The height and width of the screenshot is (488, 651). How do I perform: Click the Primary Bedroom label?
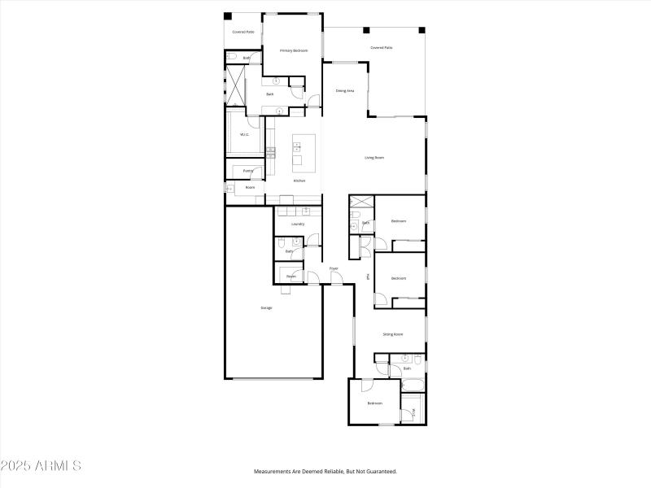click(294, 50)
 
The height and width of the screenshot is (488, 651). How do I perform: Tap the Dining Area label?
click(345, 90)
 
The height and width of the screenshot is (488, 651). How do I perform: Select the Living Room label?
click(374, 157)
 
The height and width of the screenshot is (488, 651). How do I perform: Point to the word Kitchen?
click(299, 181)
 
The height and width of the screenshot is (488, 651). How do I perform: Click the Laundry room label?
click(297, 224)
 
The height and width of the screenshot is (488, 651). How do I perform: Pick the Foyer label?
click(334, 268)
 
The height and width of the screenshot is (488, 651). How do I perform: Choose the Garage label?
click(266, 307)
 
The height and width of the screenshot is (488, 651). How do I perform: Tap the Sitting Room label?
click(393, 334)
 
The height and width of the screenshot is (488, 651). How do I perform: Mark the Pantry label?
click(248, 171)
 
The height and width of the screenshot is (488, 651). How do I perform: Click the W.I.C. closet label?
click(243, 135)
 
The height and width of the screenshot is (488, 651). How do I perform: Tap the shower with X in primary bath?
click(237, 84)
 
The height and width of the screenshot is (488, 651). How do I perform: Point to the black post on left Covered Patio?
click(228, 16)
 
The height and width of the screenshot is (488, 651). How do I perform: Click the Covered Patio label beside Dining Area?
click(381, 48)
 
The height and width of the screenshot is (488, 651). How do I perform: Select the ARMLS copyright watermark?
click(41, 466)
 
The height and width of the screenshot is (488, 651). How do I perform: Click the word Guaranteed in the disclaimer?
click(379, 471)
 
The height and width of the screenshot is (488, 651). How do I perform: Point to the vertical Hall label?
click(369, 277)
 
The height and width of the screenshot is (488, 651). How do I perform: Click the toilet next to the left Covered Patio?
click(232, 57)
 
